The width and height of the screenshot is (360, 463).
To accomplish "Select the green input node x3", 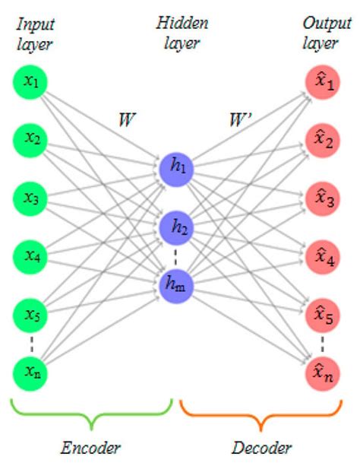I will point(31,198).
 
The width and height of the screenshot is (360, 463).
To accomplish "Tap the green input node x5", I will point(31,313).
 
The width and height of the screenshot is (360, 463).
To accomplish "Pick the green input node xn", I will point(31,372).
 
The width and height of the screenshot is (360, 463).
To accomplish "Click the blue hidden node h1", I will point(178,169).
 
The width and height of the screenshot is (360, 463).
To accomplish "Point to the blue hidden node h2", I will point(178,227).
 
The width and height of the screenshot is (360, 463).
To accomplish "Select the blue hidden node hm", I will point(178,284).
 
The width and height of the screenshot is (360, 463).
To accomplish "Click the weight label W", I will point(125,120).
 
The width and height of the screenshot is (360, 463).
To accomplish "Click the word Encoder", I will point(90,447).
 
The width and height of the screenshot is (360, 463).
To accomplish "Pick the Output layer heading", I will point(322,34).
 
